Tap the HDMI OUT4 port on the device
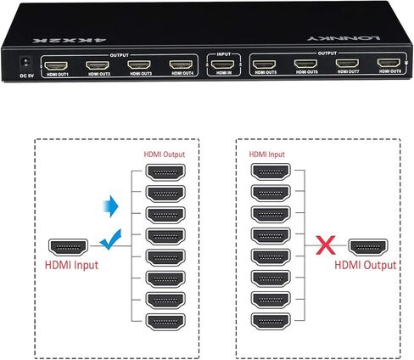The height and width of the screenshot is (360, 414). (181, 64)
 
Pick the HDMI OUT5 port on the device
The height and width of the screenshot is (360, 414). (266, 64)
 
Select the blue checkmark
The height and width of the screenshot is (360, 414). (106, 245)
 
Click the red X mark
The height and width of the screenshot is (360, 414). (323, 246)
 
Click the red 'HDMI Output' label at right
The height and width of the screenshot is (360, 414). (366, 266)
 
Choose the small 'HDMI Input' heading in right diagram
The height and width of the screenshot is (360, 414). (266, 155)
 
